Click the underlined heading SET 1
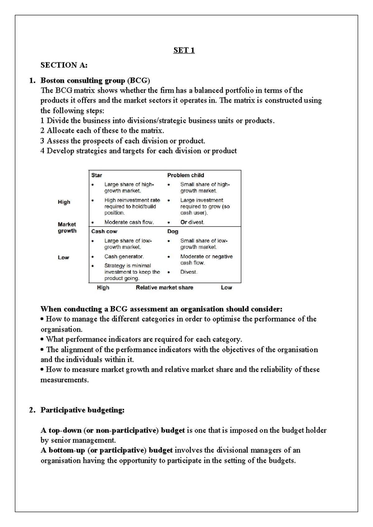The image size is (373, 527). pyautogui.click(x=184, y=50)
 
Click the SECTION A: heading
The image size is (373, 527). pyautogui.click(x=64, y=65)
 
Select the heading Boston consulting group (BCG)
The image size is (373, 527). pyautogui.click(x=95, y=81)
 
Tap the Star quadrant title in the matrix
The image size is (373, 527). pyautogui.click(x=97, y=175)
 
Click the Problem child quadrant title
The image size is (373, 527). pyautogui.click(x=186, y=175)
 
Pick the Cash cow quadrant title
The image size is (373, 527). pyautogui.click(x=104, y=231)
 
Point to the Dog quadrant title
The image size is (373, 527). pyautogui.click(x=173, y=231)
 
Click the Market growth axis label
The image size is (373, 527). pyautogui.click(x=67, y=227)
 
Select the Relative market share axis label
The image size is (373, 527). pyautogui.click(x=164, y=288)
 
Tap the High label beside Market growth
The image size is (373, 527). pyautogui.click(x=64, y=202)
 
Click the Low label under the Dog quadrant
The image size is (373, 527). pyautogui.click(x=226, y=288)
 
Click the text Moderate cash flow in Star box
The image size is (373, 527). pyautogui.click(x=129, y=222)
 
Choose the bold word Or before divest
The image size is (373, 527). pyautogui.click(x=184, y=222)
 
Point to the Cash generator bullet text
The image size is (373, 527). pyautogui.click(x=124, y=257)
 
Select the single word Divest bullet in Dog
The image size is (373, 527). pyautogui.click(x=189, y=272)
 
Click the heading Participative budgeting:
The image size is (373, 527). pyautogui.click(x=82, y=410)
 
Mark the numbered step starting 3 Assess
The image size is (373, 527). pyautogui.click(x=123, y=141)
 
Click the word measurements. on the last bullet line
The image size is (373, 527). pyautogui.click(x=65, y=380)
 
